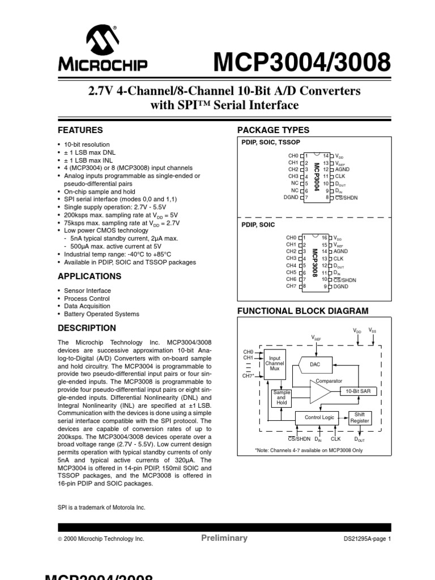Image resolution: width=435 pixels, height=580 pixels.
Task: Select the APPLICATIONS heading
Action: (x=89, y=276)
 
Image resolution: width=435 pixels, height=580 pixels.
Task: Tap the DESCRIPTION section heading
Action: (x=87, y=328)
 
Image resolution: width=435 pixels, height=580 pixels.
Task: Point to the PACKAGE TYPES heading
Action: (x=273, y=130)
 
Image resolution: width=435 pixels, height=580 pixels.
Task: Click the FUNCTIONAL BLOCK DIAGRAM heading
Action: (x=302, y=311)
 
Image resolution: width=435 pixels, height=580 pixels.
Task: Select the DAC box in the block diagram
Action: (x=315, y=365)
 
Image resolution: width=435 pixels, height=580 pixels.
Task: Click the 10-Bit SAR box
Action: (x=358, y=391)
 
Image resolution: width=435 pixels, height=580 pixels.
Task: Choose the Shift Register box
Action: (x=360, y=417)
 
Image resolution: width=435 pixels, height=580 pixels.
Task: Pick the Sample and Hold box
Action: (x=282, y=398)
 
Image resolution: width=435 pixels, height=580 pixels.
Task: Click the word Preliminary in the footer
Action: (x=224, y=538)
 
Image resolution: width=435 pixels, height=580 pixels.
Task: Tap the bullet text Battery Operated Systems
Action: (x=101, y=314)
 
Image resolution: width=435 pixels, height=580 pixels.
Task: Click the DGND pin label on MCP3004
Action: (x=290, y=197)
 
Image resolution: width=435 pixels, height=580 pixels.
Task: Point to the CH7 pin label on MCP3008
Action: (x=291, y=286)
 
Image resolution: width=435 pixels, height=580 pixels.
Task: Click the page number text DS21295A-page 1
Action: (x=367, y=539)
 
